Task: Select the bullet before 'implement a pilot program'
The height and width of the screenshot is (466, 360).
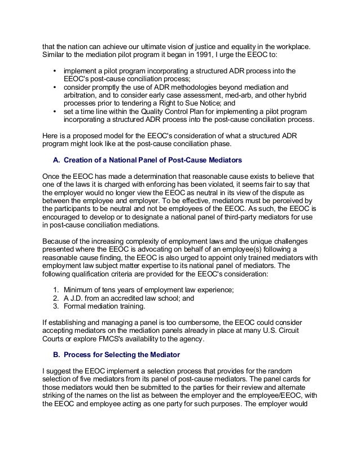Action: (54, 72)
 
